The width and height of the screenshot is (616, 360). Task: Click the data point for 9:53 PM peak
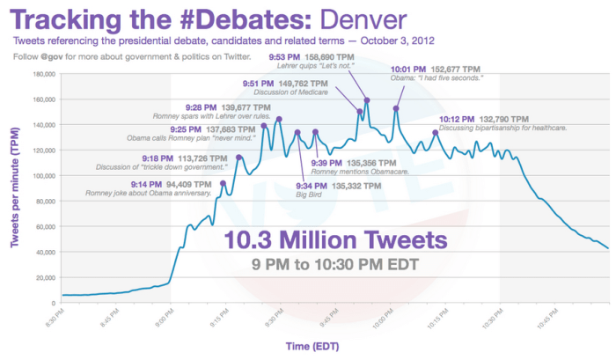tap(366, 100)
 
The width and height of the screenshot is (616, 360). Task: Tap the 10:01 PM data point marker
tap(396, 108)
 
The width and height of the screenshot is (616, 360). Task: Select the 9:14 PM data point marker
tap(223, 183)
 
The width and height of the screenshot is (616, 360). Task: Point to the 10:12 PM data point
tap(436, 133)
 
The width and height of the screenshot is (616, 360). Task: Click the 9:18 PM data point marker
tap(238, 158)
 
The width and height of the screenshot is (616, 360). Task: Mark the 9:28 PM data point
tap(264, 126)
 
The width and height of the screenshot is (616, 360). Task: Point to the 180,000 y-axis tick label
tap(42, 74)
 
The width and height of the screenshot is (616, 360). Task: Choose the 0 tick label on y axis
tap(54, 302)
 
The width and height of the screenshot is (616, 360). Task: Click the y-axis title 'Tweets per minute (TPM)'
tap(15, 187)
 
